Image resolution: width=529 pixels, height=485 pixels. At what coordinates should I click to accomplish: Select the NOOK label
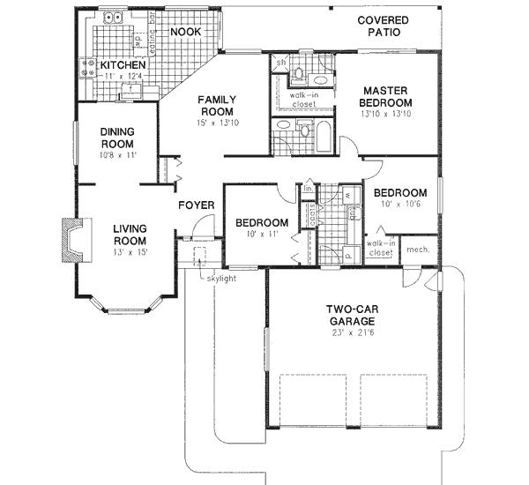pos(185,32)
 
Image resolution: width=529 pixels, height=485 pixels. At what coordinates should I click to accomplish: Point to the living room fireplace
pos(70,238)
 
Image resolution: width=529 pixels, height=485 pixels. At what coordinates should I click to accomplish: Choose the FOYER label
pos(197,205)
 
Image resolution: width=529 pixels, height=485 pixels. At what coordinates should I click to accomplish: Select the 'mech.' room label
pos(418,250)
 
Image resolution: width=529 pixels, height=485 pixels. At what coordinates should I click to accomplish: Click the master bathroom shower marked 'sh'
pos(279,63)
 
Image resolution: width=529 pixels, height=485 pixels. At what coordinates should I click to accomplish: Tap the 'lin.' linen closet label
pos(309,189)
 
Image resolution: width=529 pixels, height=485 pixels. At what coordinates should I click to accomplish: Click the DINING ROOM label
pos(116,138)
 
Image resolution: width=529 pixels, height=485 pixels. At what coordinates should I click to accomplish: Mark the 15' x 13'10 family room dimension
pos(214,124)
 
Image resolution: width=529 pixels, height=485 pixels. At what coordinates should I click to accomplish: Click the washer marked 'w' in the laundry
pos(347,195)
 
